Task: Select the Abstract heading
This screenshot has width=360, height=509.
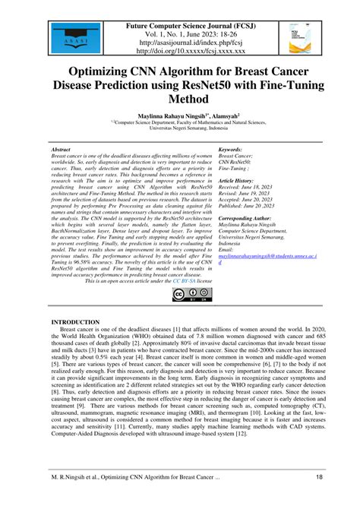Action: point(61,150)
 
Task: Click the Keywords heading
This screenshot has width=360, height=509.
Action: point(230,150)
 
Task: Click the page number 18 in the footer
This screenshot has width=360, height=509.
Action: point(319,498)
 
